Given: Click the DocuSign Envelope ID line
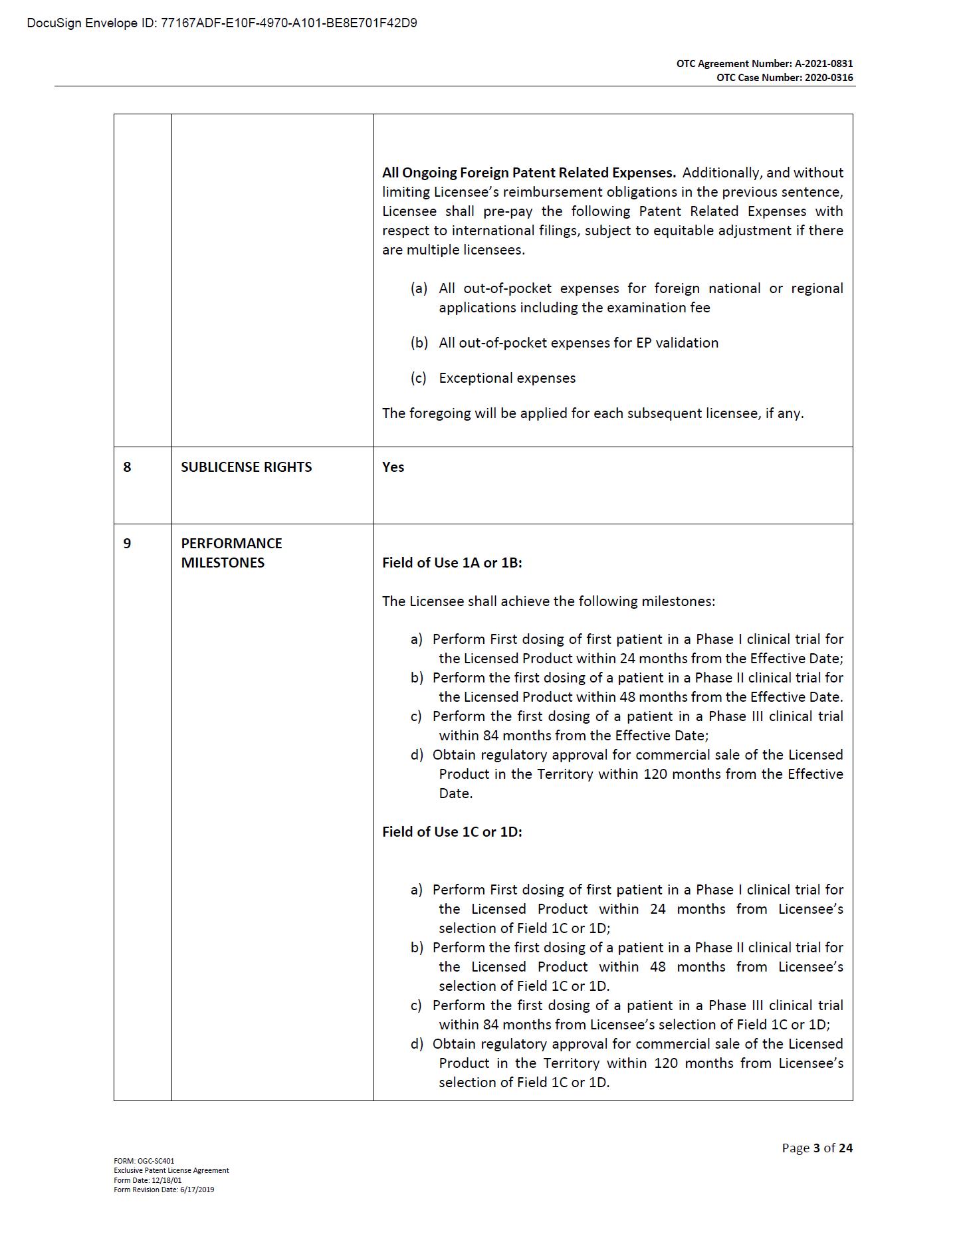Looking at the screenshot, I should pos(222,23).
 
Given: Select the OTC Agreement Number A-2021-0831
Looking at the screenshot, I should pos(764,64).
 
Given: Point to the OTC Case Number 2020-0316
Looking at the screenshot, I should pos(784,78).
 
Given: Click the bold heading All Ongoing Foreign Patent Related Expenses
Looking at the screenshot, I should pos(528,173).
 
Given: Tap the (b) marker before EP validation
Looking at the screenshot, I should pos(419,343).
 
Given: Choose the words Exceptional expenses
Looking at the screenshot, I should pos(507,378).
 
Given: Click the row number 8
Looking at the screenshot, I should pos(127,467).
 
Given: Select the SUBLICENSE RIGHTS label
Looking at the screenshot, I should pos(246,467).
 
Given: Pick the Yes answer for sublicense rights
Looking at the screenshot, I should pos(393,467).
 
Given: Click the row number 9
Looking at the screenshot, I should pos(127,544).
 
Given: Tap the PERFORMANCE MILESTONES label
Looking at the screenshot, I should pos(231,553).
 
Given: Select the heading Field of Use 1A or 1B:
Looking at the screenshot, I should pos(452,563).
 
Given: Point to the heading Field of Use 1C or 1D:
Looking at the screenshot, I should pos(452,832).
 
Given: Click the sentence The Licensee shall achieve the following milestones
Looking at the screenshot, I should pos(548,601).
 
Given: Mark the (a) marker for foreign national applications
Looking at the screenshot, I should pos(419,288).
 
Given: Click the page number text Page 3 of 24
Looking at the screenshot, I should pos(817,1148).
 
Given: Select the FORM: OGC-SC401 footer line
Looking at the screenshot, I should pos(144,1161).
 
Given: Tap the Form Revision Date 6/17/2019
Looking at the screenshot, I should pos(163,1190).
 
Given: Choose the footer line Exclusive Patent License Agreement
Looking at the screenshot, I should pos(171,1170).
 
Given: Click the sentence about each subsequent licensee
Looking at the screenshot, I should pos(593,413).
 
